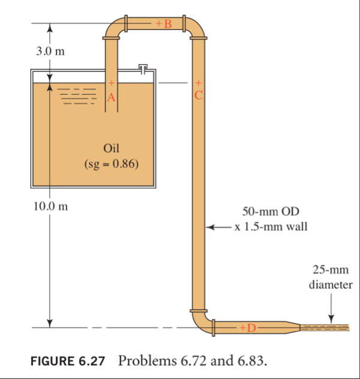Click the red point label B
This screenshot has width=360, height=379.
click(167, 24)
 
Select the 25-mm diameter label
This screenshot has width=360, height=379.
click(330, 278)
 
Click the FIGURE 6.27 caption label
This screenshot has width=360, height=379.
click(68, 360)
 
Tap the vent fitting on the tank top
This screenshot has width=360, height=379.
click(142, 67)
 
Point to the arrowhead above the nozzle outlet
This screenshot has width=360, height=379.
click(330, 317)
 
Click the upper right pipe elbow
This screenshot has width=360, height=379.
click(194, 28)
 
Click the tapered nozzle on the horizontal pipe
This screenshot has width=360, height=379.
click(292, 327)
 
